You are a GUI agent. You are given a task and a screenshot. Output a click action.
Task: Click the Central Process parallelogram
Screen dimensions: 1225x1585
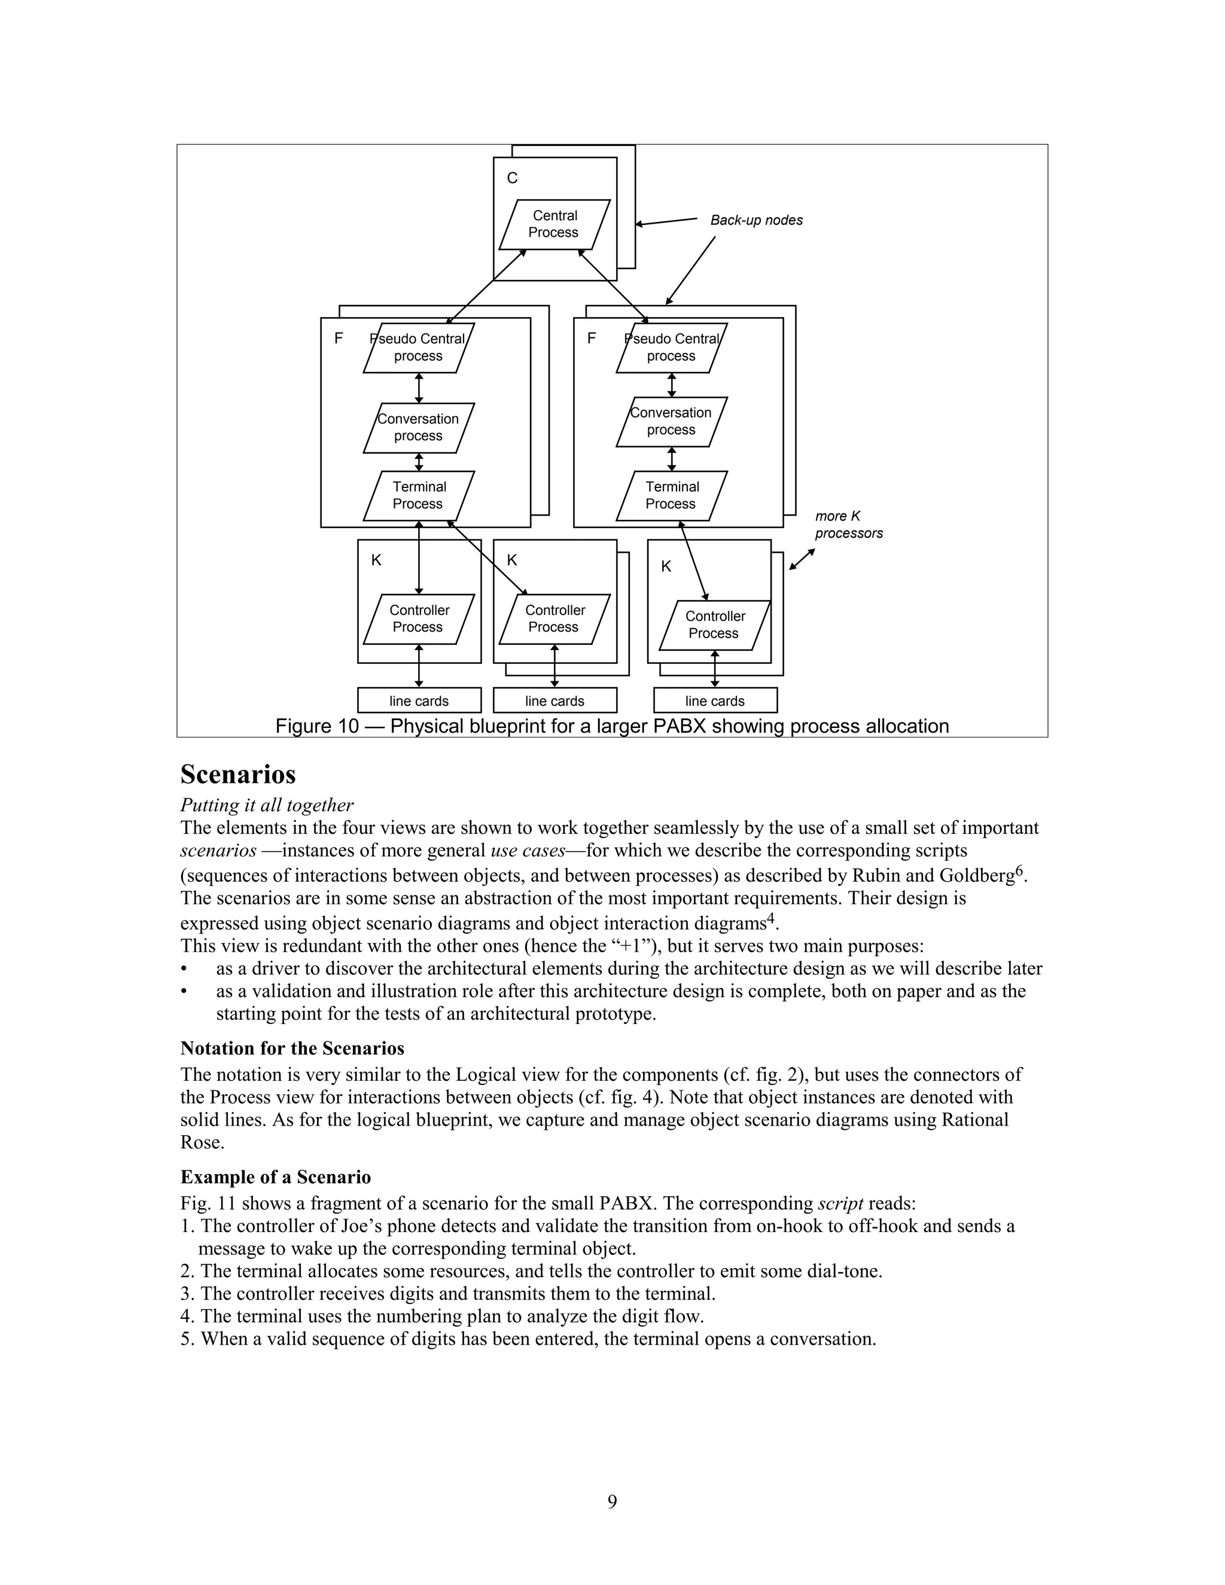click(554, 224)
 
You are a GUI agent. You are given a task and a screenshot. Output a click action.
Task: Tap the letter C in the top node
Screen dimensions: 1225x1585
click(513, 178)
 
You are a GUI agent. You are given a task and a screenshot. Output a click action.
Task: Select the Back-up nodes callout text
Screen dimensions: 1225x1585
click(756, 220)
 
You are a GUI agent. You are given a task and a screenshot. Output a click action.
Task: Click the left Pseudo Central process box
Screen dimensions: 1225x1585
click(419, 348)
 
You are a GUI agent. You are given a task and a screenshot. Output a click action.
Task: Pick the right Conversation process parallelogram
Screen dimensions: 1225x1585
click(671, 422)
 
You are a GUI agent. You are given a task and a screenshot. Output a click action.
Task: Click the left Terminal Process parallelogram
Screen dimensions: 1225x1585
click(419, 496)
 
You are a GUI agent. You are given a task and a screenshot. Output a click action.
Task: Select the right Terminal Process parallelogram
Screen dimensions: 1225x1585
click(671, 496)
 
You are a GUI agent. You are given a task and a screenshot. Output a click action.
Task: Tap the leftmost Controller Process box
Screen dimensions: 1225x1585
click(419, 619)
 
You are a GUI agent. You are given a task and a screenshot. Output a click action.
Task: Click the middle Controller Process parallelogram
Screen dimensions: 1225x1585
click(554, 619)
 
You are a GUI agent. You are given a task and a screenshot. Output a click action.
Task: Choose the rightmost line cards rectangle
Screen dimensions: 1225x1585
click(715, 701)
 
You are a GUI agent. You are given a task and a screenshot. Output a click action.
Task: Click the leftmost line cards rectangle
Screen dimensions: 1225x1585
click(419, 701)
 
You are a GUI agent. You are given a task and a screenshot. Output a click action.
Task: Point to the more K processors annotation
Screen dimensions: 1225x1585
click(848, 525)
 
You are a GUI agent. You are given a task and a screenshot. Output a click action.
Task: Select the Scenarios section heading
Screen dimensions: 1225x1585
click(238, 775)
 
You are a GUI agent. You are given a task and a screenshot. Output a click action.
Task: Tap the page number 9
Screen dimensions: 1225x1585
click(612, 1501)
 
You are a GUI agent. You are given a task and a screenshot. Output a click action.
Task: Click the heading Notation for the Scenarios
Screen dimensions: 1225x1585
click(292, 1048)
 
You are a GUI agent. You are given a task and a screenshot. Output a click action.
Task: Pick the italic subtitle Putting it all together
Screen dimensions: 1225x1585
click(266, 806)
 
